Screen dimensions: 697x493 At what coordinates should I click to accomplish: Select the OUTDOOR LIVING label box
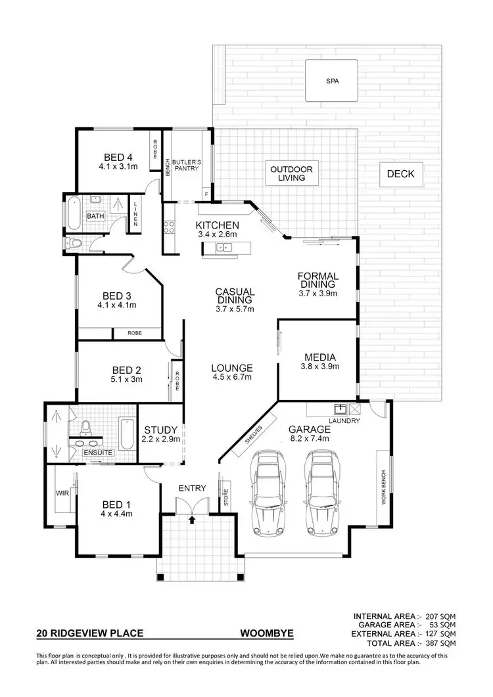coord(291,173)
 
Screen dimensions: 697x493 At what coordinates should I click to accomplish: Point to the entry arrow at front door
coord(192,520)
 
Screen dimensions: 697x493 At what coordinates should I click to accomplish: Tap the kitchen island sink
coord(223,247)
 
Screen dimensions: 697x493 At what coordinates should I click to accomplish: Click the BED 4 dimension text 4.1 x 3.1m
coord(118,166)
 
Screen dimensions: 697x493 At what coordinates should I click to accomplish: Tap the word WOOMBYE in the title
coord(267,635)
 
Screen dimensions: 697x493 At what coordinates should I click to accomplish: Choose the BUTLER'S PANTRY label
coord(187,165)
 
